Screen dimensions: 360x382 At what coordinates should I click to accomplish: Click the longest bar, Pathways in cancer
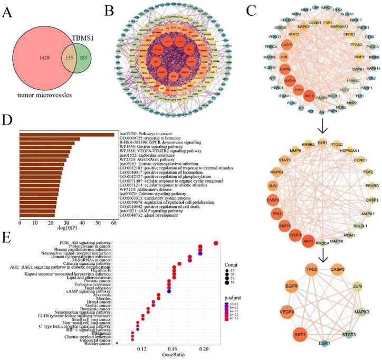[x=66, y=135]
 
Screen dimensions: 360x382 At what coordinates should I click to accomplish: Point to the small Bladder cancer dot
[x=116, y=344]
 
